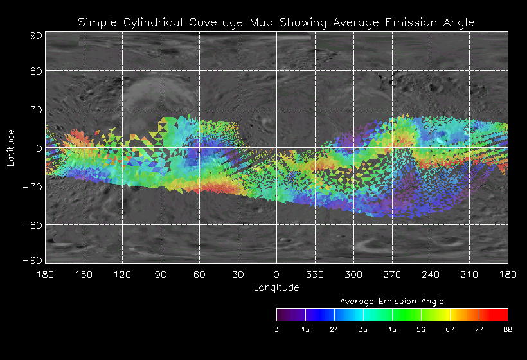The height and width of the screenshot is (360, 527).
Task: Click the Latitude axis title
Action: (x=11, y=147)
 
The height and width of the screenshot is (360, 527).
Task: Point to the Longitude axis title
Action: (x=276, y=287)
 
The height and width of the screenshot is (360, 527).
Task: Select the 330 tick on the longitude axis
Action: (x=315, y=274)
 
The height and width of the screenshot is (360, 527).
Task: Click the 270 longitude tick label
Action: (x=392, y=274)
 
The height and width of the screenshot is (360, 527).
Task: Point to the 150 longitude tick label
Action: (x=84, y=274)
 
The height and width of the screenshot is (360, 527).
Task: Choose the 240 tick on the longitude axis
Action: (x=431, y=274)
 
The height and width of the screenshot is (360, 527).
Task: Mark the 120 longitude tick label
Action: (x=122, y=274)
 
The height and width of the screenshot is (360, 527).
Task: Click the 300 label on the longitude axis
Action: (x=353, y=274)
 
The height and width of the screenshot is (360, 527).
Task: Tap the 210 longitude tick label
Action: (x=469, y=274)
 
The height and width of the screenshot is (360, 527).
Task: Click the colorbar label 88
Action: (x=508, y=329)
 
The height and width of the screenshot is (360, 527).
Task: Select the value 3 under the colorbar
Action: (x=277, y=329)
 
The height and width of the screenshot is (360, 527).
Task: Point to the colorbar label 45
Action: (x=393, y=329)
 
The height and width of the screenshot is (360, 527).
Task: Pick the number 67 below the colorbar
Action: (x=450, y=329)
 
